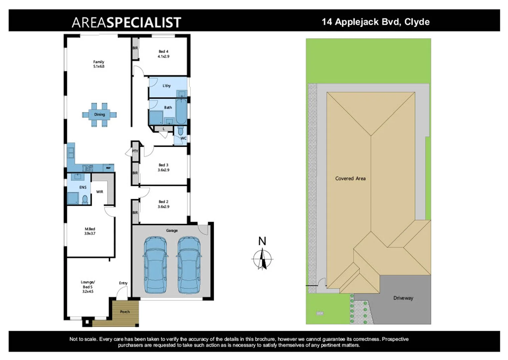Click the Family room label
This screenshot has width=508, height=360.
99,64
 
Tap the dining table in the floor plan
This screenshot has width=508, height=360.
99,115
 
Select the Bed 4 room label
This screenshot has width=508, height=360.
163,54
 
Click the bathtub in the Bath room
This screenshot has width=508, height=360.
181,111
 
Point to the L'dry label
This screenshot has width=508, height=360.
167,86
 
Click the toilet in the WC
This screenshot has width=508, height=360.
180,130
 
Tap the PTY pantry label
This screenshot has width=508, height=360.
135,151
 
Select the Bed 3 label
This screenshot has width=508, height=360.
163,167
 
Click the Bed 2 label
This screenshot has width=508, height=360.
163,204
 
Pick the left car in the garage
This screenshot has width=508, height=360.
155,265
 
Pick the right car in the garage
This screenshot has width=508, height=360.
189,265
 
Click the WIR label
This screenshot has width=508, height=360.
100,192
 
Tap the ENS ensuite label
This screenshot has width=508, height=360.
83,187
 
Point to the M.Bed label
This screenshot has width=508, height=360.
90,231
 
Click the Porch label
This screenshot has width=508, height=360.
125,312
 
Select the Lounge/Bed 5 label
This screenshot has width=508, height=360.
88,287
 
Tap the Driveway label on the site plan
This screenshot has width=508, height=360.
403,298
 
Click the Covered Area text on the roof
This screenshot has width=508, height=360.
350,179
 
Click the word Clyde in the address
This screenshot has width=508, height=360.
417,22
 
